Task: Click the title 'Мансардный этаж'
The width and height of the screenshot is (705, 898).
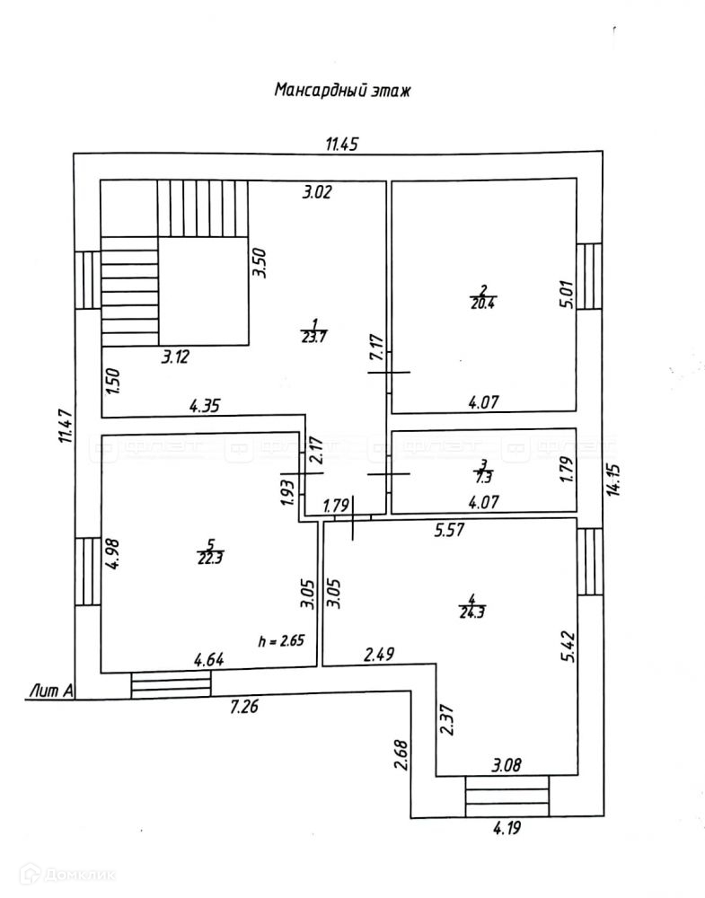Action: point(341,91)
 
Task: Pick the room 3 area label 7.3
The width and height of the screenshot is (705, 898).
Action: point(483,471)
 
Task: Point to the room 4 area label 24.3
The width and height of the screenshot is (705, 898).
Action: point(470,607)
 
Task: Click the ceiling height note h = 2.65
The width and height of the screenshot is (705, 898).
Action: point(283,641)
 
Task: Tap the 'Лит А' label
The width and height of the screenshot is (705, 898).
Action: point(50,690)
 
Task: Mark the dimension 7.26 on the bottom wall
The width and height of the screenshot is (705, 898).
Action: point(245,707)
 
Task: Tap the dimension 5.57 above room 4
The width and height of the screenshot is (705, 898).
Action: point(449,531)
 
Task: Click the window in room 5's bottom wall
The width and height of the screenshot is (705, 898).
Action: point(171,684)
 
